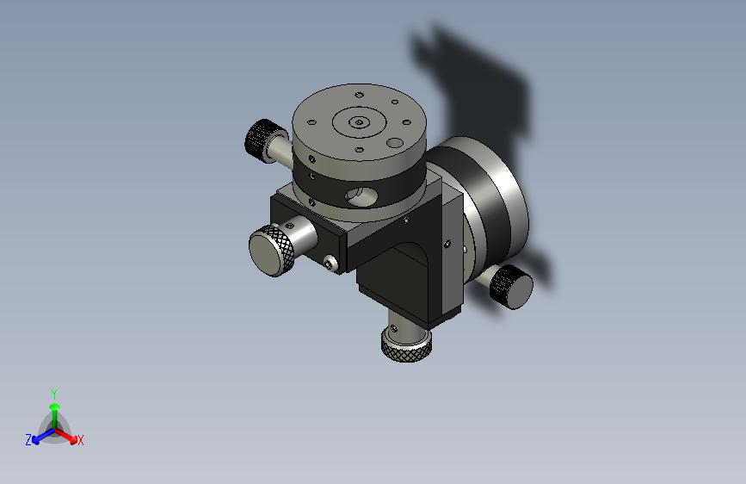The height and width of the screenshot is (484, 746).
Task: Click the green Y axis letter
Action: tap(54, 394)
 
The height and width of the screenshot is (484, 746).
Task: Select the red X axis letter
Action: tap(80, 440)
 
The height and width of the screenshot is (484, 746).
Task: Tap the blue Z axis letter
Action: tap(28, 440)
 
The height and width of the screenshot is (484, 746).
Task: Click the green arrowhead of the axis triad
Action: tap(55, 406)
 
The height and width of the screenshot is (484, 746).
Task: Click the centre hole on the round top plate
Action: tap(359, 122)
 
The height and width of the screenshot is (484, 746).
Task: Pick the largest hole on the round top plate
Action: tap(395, 142)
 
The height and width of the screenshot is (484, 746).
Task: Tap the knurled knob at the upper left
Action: tap(261, 140)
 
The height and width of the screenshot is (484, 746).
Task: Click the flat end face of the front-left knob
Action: tap(266, 255)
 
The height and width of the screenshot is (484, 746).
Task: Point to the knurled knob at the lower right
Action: tap(511, 287)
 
